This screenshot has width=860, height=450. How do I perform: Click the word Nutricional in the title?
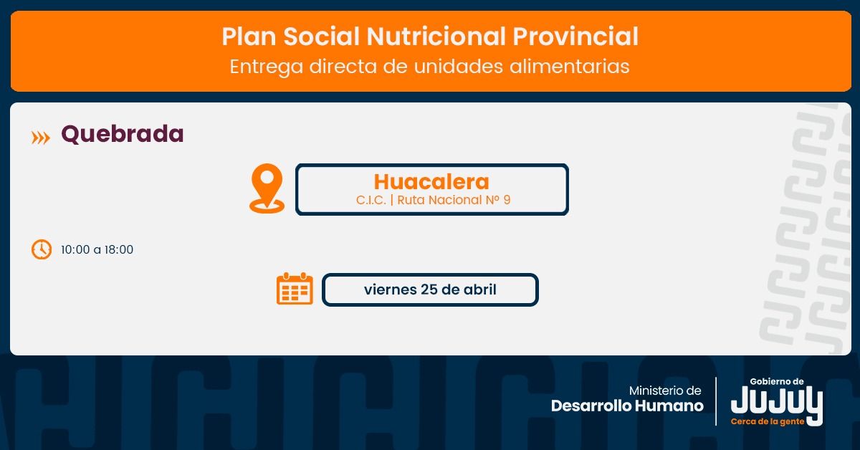click(x=436, y=37)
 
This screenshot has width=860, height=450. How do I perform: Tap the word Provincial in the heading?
click(x=575, y=37)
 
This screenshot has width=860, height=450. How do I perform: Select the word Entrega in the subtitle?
click(x=266, y=67)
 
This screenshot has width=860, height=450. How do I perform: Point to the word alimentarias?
click(x=569, y=66)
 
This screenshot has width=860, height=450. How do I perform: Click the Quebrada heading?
click(x=123, y=135)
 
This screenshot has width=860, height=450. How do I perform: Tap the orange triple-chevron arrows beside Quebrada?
click(x=40, y=138)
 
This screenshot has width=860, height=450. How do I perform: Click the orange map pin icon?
click(x=267, y=188)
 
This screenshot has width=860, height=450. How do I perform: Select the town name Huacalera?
click(x=431, y=181)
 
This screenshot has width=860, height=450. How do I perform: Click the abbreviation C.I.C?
click(x=371, y=200)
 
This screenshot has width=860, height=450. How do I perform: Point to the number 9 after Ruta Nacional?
click(x=507, y=200)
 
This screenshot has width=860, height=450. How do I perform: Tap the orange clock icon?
click(x=42, y=249)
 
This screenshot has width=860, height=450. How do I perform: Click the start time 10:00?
click(x=75, y=249)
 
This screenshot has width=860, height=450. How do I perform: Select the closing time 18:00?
click(x=119, y=249)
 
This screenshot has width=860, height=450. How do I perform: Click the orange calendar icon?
click(x=295, y=288)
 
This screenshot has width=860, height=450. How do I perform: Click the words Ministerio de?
click(x=665, y=391)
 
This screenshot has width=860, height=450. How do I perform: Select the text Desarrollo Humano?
click(x=627, y=406)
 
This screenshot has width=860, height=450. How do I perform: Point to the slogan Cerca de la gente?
click(x=768, y=421)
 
